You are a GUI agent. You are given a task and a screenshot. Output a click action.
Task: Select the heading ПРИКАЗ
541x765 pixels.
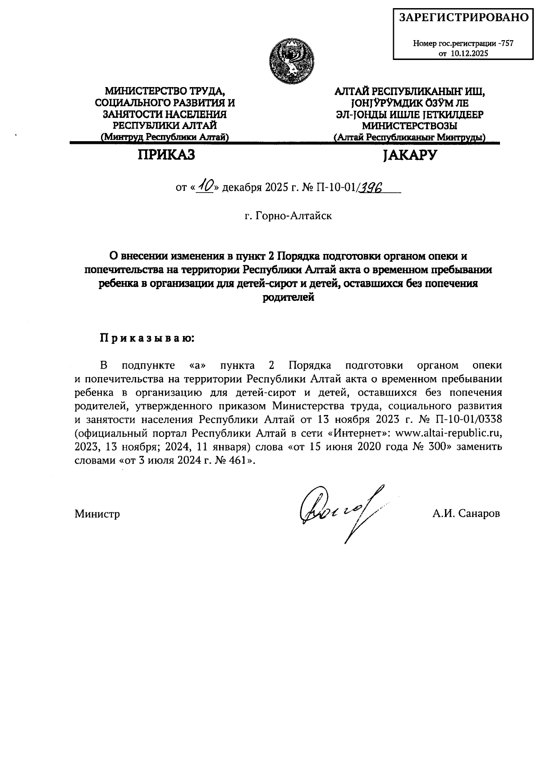(166, 155)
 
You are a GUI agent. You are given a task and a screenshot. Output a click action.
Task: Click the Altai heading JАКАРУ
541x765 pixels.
(409, 155)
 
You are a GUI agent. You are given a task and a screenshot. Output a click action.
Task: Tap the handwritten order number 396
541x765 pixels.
(370, 187)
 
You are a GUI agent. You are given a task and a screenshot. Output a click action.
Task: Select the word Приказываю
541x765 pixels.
(147, 338)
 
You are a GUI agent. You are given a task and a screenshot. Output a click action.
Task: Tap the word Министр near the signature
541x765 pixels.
(97, 514)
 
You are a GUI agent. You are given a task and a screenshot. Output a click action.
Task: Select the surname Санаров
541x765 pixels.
(478, 514)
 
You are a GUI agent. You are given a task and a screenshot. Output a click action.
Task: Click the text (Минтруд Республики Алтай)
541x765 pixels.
(165, 138)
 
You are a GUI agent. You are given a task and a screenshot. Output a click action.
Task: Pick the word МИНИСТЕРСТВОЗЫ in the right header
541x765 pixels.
(409, 126)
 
